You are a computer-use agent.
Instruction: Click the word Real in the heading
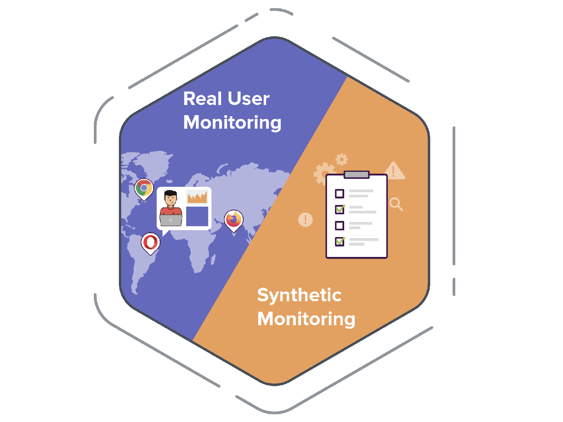coord(203,99)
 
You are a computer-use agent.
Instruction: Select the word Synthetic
coord(299,296)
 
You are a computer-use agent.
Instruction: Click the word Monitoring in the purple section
coord(232,123)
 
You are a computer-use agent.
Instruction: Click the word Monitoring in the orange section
coord(306,319)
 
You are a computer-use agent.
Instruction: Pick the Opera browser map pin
coord(151,242)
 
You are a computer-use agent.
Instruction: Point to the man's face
coord(171,199)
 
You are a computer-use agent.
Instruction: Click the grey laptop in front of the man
coord(171,220)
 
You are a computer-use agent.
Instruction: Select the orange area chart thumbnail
coord(197,197)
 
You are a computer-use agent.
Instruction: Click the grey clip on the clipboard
coord(357,174)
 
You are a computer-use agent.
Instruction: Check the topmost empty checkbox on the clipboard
coord(339,194)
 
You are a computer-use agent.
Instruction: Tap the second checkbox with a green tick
coord(340,209)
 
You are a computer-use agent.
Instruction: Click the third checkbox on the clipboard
coord(339,225)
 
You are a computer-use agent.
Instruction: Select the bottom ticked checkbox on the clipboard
coord(340,242)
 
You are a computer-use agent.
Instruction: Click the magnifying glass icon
coord(396,204)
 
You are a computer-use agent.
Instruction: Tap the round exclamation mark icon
coord(305,219)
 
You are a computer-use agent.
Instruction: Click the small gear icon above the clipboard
coord(342,159)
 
